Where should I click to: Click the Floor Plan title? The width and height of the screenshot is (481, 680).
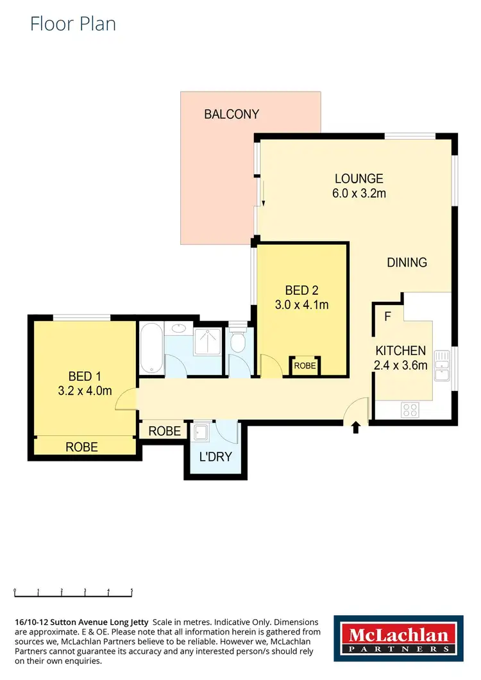tap(73, 24)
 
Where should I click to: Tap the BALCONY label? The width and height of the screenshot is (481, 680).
tap(232, 115)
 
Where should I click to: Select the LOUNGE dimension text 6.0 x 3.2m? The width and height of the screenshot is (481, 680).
tap(359, 192)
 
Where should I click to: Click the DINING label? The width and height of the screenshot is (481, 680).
tap(407, 262)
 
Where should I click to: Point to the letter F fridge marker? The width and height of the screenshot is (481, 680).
tap(387, 316)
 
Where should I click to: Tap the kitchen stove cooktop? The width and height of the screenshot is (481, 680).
tap(410, 408)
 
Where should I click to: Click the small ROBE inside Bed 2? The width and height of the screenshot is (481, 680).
tap(305, 367)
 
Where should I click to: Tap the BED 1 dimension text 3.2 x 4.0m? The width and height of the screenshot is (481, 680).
tap(85, 390)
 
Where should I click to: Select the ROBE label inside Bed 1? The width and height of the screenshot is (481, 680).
tap(82, 447)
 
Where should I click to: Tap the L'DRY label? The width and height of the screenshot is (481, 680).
tap(215, 457)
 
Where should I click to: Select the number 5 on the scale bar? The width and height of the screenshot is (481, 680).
tap(131, 592)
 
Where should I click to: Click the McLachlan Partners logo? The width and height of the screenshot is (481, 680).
tap(398, 639)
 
